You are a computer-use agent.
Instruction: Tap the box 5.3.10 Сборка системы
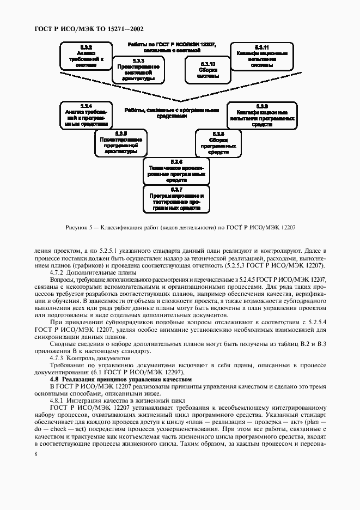[208, 70]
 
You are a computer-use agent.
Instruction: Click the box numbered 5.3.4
[86, 114]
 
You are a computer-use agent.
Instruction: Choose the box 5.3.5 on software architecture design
[121, 143]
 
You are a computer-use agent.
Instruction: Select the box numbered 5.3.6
[176, 171]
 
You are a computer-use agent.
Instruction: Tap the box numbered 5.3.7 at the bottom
[176, 198]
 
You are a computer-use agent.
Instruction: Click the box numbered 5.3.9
[262, 114]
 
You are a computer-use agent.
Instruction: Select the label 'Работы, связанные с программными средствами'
[172, 113]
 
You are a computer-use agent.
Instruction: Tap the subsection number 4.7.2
[58, 272]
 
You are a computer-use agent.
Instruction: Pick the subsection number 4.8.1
[58, 400]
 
